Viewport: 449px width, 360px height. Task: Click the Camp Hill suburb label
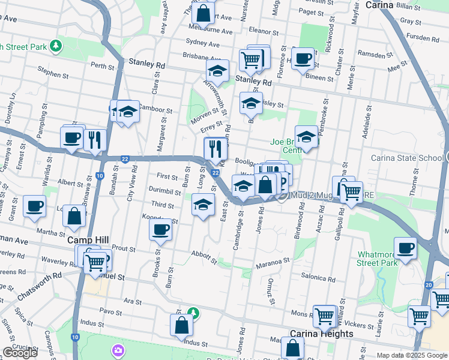tap(88, 240)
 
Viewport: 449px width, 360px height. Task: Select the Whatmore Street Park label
tap(377, 259)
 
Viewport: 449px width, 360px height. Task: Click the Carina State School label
tap(415, 158)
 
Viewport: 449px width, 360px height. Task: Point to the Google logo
tap(20, 353)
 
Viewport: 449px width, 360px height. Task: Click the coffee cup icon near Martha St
tap(34, 206)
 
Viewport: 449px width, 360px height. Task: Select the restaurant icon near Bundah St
tap(95, 139)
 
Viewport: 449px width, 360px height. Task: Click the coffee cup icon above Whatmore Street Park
tap(405, 247)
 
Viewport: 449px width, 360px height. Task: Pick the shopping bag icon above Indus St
tap(181, 325)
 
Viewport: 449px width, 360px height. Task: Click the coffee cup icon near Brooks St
tap(160, 229)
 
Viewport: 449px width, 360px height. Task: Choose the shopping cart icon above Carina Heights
tap(325, 314)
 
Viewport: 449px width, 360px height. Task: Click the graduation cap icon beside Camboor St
tap(128, 112)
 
